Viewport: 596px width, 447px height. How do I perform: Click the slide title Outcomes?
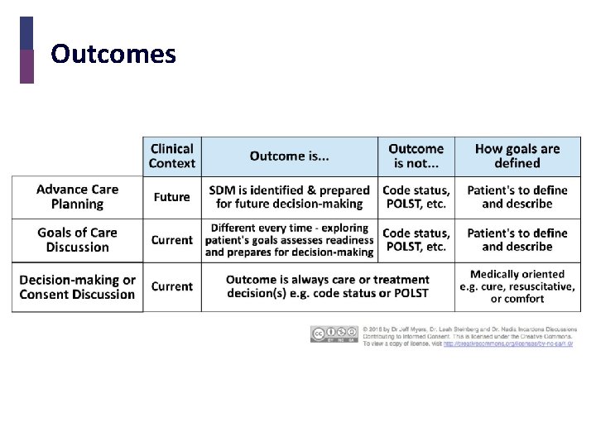pos(113,55)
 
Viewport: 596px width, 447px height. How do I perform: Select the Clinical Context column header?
pos(172,156)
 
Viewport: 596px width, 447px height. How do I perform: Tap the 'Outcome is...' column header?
pos(290,156)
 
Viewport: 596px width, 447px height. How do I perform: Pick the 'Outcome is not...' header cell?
pos(416,156)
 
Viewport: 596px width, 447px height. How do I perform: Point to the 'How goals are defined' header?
pos(517,156)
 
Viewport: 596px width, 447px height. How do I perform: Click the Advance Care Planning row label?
pos(77,197)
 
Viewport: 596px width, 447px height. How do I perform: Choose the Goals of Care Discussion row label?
pos(77,240)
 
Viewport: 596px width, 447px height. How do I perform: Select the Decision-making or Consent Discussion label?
pos(77,287)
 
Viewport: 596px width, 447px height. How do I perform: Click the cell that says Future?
pos(171,197)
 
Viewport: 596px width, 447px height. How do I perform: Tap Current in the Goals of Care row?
pos(171,240)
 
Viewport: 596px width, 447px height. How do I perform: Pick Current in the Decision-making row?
pos(171,286)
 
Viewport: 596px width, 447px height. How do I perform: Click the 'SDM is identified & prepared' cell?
pos(289,197)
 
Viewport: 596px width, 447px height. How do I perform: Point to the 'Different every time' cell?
pos(289,240)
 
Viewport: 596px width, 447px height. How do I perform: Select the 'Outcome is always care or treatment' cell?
pos(327,286)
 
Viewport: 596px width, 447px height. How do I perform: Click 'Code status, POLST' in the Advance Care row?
pos(416,197)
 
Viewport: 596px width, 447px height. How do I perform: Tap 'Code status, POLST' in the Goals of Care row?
pos(416,240)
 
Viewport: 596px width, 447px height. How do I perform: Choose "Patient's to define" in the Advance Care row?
pos(517,197)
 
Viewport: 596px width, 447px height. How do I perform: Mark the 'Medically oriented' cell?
pos(517,286)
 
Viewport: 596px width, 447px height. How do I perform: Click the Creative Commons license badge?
pos(334,334)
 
